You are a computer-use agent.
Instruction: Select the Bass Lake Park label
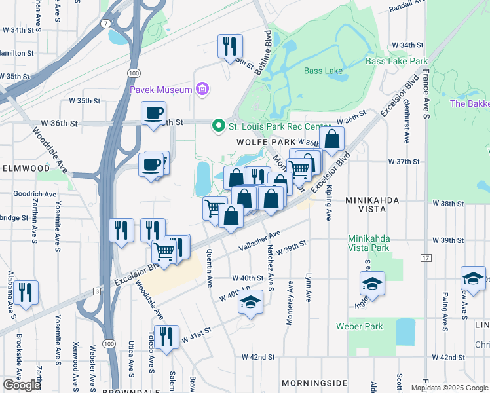coord(396,61)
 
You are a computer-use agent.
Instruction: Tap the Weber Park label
coord(358,326)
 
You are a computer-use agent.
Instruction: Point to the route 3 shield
coord(96,291)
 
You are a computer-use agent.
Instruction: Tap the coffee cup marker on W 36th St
coord(153,113)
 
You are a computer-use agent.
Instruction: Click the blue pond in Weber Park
coord(405,332)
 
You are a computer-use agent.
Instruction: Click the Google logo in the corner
coord(22,385)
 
